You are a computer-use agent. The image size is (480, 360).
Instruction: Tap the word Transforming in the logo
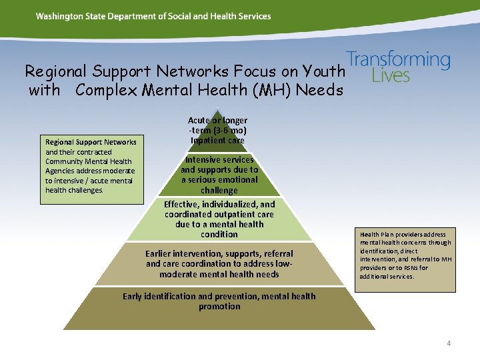[399, 60]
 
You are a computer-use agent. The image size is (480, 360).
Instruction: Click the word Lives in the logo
[391, 76]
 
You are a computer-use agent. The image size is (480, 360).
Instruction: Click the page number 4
[449, 343]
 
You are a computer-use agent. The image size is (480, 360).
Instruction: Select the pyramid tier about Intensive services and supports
[219, 175]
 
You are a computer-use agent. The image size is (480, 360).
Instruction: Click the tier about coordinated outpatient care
[219, 219]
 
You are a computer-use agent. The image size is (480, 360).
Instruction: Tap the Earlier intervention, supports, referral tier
[219, 264]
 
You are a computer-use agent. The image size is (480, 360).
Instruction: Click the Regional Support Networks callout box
[90, 170]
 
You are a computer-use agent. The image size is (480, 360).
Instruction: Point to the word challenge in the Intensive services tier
[219, 191]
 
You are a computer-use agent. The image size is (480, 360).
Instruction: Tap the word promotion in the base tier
[219, 307]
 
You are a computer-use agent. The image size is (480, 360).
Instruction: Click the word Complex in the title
[107, 90]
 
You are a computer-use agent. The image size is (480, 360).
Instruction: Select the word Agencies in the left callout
[63, 171]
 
